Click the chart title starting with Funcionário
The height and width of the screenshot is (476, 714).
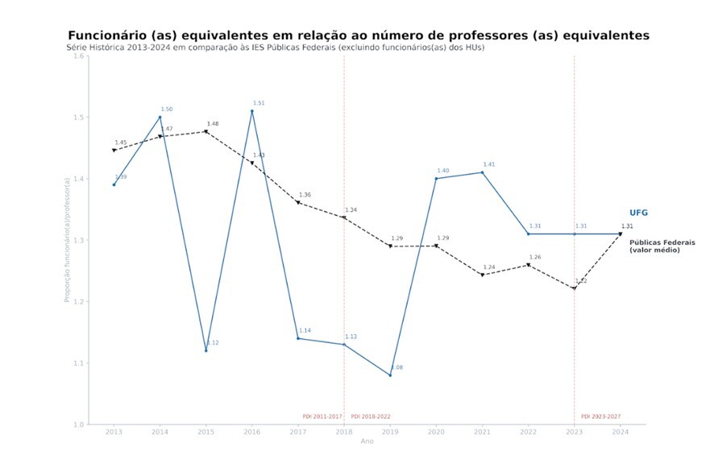tap(358, 35)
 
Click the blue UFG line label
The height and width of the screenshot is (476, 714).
tap(638, 213)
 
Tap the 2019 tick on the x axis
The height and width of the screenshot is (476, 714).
tap(390, 433)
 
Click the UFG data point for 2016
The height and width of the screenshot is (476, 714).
tap(252, 111)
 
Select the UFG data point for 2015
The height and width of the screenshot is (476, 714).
tap(205, 350)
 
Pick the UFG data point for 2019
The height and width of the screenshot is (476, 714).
tap(390, 375)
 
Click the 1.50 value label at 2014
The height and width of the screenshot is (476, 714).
tap(167, 110)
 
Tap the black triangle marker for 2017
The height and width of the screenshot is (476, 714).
tap(298, 202)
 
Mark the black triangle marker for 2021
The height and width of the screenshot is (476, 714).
tap(482, 275)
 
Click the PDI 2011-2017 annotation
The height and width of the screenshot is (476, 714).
tap(322, 416)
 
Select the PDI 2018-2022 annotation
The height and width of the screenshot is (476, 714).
tap(371, 416)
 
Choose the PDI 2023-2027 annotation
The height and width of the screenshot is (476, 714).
tap(601, 416)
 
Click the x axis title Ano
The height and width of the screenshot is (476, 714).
tap(367, 441)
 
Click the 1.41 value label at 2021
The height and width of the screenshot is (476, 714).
tap(489, 164)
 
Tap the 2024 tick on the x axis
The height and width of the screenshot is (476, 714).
tap(621, 433)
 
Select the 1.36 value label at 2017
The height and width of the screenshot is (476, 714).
tap(305, 195)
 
